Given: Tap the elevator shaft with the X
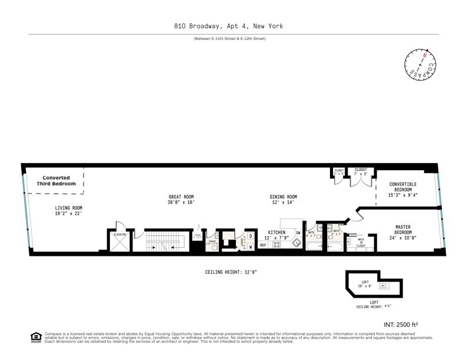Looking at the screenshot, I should pos(120,241).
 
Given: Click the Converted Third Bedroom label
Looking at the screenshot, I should pos(56,181).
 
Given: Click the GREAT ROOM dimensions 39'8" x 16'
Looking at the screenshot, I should pos(180,202).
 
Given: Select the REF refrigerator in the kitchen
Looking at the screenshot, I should pos(263,245).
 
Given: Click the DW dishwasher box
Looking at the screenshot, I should pos(298,234).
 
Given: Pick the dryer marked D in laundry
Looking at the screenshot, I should pos(251,236).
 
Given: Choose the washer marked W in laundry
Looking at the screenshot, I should pos(251,246).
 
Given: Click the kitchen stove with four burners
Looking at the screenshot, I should pos(277,245).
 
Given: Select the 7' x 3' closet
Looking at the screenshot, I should pos(360,172).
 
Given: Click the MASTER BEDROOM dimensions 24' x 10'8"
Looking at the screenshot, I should pos(402,238).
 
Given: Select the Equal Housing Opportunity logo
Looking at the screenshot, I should pos(36,337).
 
